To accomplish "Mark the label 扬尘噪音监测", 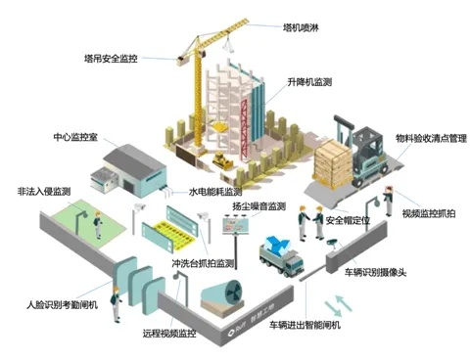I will click(259, 206).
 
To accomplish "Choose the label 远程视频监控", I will click(169, 334).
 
